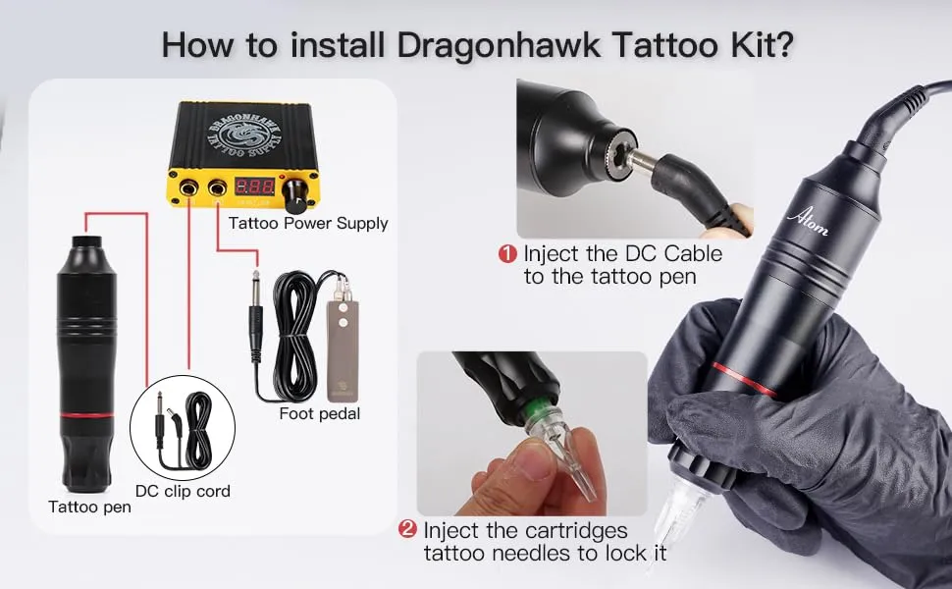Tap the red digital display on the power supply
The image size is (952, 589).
point(254,187)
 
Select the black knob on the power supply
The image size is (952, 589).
point(294,194)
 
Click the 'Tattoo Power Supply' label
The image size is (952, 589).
point(308,223)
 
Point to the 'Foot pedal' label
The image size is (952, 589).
point(319,413)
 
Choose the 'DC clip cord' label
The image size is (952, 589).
point(183,490)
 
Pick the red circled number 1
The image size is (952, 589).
point(507,253)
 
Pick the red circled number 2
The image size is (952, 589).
point(407,530)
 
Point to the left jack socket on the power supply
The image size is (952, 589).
point(186,187)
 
